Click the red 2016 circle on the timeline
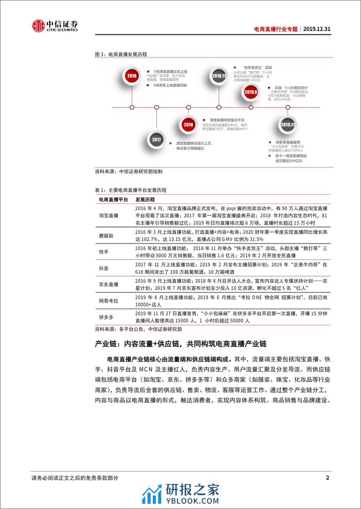point(133,76)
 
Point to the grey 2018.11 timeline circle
point(219,76)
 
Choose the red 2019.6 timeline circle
point(250,91)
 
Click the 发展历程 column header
point(145,199)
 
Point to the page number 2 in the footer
point(328,478)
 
